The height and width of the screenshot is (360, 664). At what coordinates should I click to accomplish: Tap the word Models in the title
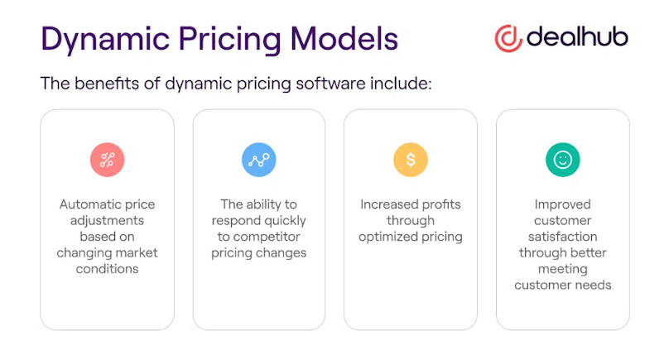pos(344,39)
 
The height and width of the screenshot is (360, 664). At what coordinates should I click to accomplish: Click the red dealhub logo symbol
pos(508,39)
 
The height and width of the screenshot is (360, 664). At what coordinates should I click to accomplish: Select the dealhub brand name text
pos(577,36)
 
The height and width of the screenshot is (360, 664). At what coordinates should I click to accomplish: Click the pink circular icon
pos(107,160)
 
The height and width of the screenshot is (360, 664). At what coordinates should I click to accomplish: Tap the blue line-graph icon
pos(259,160)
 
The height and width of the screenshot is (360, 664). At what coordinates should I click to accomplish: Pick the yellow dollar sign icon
pos(411,160)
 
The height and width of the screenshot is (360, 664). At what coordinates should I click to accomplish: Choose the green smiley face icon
pos(563,160)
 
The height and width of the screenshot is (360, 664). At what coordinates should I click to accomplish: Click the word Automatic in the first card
pos(86,204)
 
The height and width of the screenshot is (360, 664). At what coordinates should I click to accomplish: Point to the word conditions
pos(107,268)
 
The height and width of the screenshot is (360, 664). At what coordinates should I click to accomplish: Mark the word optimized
pos(386,237)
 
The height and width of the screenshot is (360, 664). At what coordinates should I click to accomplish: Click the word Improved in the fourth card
pos(562,204)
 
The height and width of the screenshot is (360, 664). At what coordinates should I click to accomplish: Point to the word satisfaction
pos(563,237)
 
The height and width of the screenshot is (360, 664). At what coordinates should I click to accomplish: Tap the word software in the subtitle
pos(330,83)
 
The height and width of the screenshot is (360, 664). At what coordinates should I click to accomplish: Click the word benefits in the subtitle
pos(107,83)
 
